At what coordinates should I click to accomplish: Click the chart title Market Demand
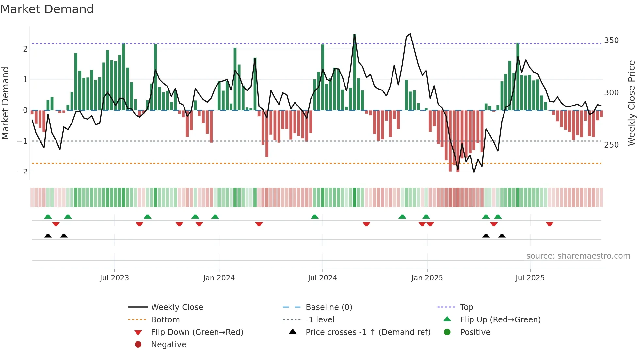coord(47,9)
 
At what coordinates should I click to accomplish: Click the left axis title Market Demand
coord(6,103)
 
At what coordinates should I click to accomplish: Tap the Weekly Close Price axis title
coord(632,103)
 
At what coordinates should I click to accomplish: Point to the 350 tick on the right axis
coord(611,41)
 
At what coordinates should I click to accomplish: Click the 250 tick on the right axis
coord(611,145)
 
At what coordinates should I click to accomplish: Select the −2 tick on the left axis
coord(22,172)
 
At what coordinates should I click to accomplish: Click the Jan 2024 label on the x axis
coord(219,278)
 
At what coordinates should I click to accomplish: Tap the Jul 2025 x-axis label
coord(530,278)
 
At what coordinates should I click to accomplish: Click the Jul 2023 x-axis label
coord(114,278)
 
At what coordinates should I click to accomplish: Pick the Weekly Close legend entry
coord(177,307)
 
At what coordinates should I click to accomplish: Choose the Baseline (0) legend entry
coord(328,307)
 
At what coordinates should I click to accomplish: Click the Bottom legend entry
coord(165,320)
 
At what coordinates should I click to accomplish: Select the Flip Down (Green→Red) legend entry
coord(197,332)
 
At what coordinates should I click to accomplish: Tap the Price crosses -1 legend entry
coord(368,332)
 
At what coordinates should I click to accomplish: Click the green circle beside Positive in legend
coord(447,332)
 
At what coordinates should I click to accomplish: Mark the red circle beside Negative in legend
coord(138,345)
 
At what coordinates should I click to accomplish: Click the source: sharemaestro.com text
coord(578,256)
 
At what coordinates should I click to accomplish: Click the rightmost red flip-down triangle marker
coord(550,224)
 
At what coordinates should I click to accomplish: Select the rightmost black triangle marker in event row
coord(502,236)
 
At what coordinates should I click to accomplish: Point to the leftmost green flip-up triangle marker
coord(48,217)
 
